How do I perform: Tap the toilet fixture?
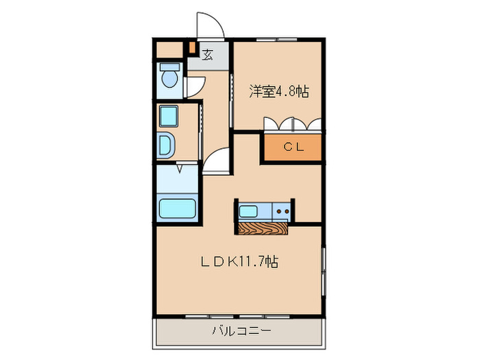pos(169,77)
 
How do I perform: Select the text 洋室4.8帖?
pos(278,90)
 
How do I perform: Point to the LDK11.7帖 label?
pos(239,261)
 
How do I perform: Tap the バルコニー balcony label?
pos(241,331)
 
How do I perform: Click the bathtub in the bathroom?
pos(178,208)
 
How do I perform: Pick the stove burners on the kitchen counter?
pos(281,211)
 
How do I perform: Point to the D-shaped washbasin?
pos(167,145)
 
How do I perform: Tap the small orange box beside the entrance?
pos(193,49)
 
